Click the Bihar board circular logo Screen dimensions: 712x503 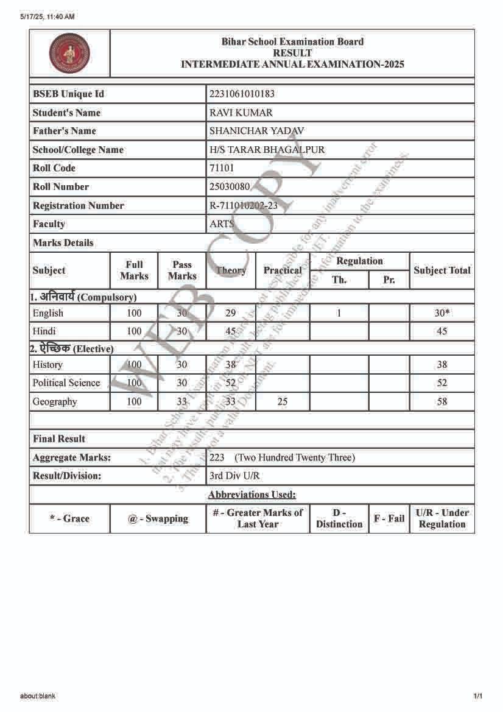pyautogui.click(x=69, y=53)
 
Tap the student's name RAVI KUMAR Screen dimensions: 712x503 pyautogui.click(x=241, y=113)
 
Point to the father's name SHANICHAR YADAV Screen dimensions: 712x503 pyautogui.click(x=256, y=131)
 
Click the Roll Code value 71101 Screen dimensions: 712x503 pyautogui.click(x=222, y=168)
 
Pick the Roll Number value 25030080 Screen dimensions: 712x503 pyautogui.click(x=230, y=187)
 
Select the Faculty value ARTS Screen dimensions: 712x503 pyautogui.click(x=222, y=224)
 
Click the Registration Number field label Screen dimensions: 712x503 pyautogui.click(x=78, y=206)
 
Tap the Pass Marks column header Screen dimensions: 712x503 pyautogui.click(x=182, y=270)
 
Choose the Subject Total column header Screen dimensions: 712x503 pyautogui.click(x=442, y=270)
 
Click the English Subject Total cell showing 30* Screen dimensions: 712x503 pyautogui.click(x=442, y=313)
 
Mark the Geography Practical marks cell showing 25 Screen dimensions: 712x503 pyautogui.click(x=282, y=401)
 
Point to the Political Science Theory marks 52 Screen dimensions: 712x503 pyautogui.click(x=230, y=383)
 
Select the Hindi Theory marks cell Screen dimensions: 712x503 pyautogui.click(x=230, y=331)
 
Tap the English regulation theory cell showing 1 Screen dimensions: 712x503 pyautogui.click(x=339, y=313)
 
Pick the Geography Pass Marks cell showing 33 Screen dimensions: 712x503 pyautogui.click(x=182, y=401)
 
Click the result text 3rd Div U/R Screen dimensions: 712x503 pyautogui.click(x=234, y=476)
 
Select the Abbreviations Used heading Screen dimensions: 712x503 pyautogui.click(x=251, y=495)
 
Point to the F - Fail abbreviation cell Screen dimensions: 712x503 pyautogui.click(x=389, y=518)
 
